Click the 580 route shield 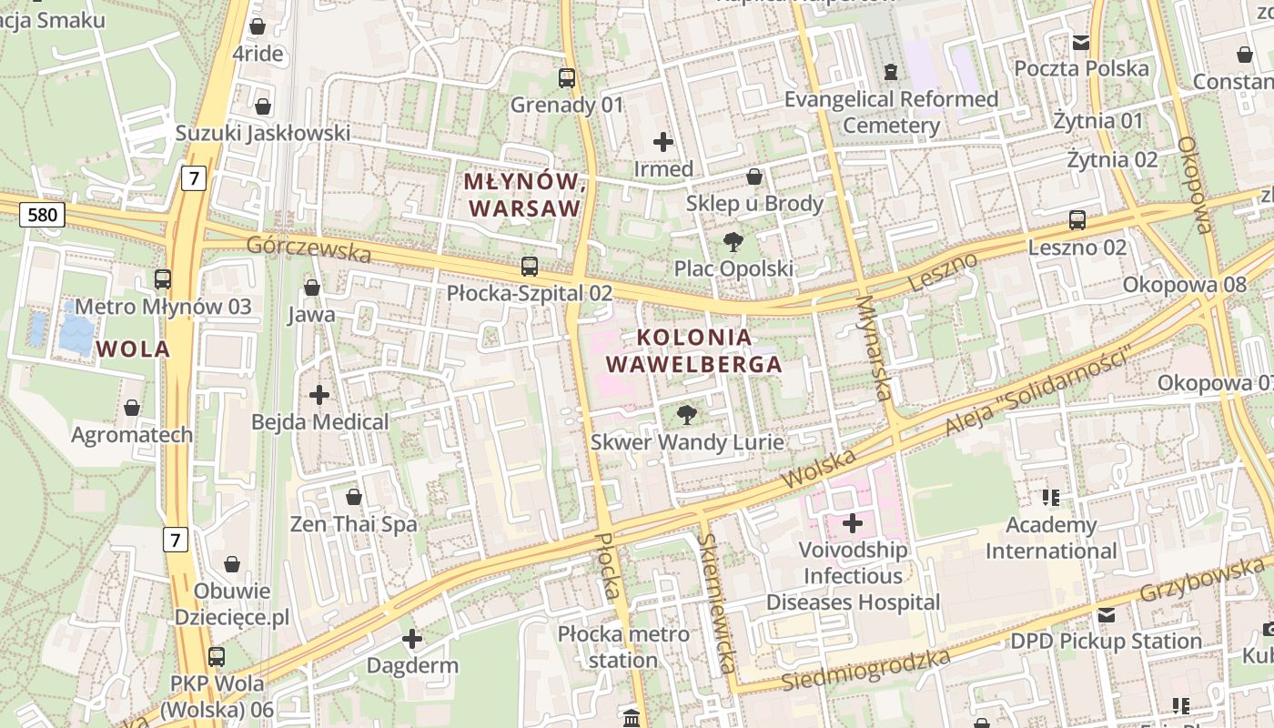42,215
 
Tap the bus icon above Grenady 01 567,78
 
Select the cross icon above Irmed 663,142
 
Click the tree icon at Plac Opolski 733,242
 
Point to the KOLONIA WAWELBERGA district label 694,351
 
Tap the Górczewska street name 308,248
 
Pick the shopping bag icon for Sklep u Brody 754,177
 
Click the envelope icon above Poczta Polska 1081,42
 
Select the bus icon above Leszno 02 1077,220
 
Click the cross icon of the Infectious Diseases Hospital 853,523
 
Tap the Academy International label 1051,538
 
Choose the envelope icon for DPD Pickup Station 1107,615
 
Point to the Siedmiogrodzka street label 866,671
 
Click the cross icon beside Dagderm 412,639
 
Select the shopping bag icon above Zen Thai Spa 354,497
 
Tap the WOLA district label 133,349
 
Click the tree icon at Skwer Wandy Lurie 687,416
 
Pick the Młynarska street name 873,349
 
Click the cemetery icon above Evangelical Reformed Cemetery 891,71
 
